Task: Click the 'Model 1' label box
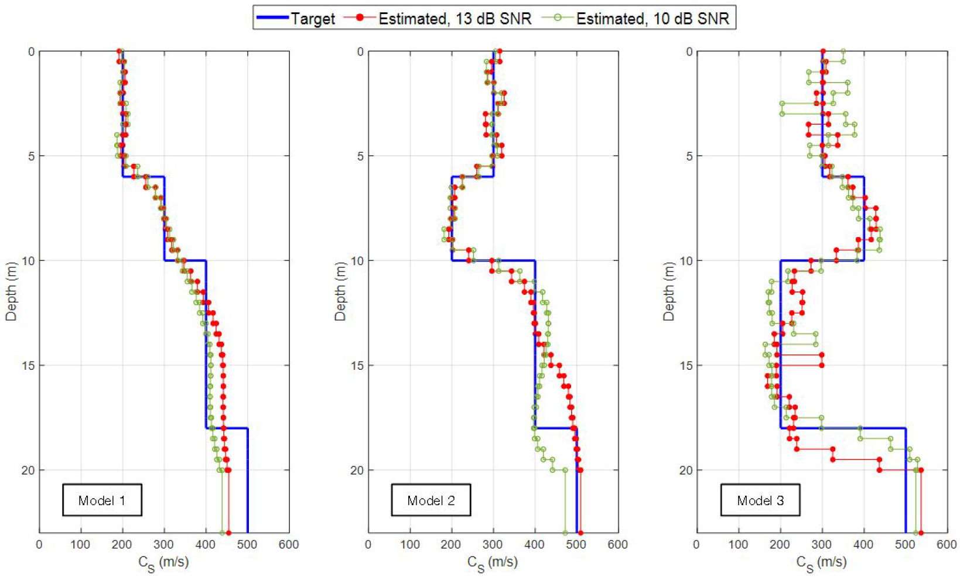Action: point(102,500)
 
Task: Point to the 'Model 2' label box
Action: point(431,500)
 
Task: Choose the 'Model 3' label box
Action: point(760,500)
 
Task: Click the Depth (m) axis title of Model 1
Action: point(11,291)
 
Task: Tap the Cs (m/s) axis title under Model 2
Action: point(492,564)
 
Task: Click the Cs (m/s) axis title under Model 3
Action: point(821,564)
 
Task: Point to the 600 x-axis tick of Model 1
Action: point(289,545)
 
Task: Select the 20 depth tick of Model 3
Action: point(685,470)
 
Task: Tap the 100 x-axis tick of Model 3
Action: point(738,545)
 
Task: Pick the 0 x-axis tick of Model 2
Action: point(368,545)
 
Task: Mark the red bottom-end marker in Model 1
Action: point(228,533)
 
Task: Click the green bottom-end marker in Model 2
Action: point(565,533)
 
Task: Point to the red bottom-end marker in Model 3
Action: point(921,533)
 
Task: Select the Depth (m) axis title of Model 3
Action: point(668,291)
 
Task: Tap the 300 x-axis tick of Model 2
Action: point(493,545)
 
